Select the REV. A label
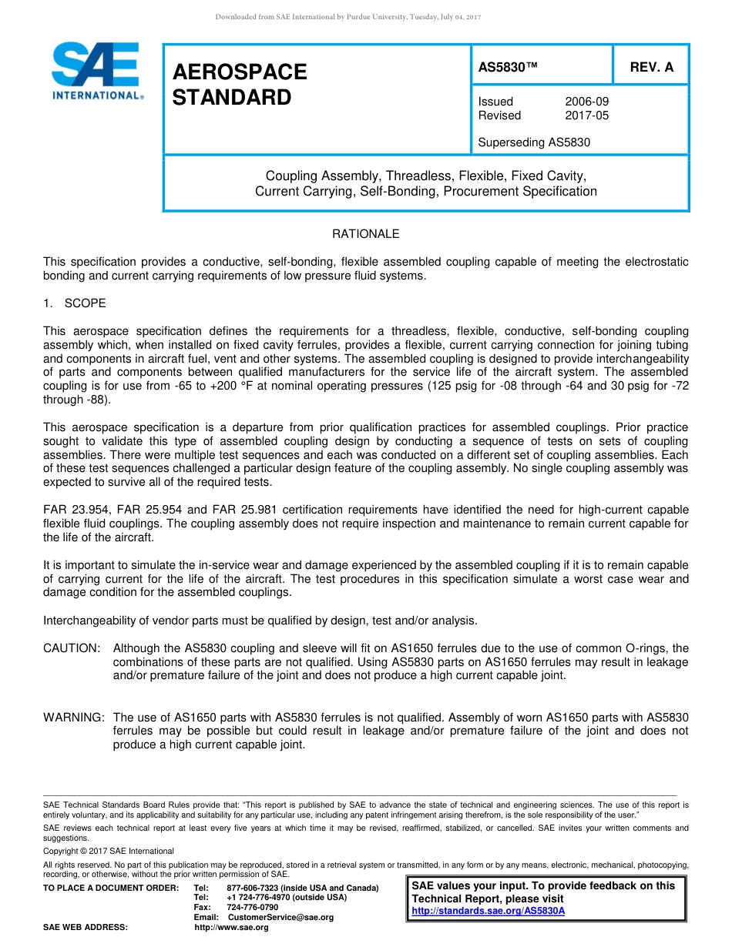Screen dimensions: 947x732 tap(651, 67)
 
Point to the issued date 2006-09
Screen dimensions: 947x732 tap(586, 102)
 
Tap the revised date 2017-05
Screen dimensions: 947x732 tap(586, 115)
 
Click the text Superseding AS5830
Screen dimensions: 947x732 tap(534, 142)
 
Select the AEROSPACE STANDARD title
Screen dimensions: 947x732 tap(240, 85)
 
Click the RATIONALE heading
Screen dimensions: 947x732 tap(365, 234)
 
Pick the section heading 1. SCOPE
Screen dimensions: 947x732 tap(75, 303)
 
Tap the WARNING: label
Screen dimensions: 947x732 tap(74, 718)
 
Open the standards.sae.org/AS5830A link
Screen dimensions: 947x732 tap(489, 910)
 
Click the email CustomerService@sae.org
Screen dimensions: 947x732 tap(280, 917)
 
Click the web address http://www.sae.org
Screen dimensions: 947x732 tap(231, 927)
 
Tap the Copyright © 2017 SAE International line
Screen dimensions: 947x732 tap(109, 851)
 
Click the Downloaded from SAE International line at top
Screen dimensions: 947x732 tap(348, 17)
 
